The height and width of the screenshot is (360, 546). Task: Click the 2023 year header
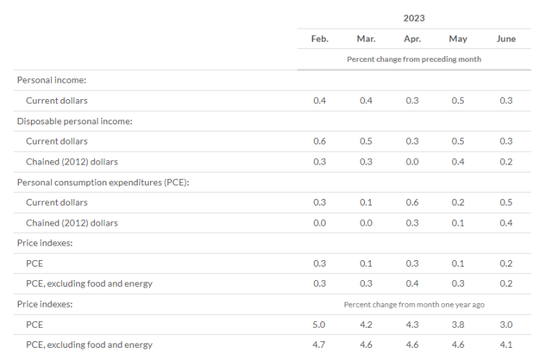[414, 18]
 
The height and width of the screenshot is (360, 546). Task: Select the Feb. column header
[320, 39]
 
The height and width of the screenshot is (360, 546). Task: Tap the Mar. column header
[366, 39]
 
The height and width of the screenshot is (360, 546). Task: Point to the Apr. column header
[412, 39]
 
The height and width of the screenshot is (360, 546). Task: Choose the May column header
[458, 39]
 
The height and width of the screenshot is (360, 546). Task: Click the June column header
[506, 39]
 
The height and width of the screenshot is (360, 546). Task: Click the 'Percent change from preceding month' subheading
[414, 59]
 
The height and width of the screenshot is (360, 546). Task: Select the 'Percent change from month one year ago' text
[414, 305]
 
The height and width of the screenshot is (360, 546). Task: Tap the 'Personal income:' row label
[52, 80]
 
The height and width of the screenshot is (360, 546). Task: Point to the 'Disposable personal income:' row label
[75, 121]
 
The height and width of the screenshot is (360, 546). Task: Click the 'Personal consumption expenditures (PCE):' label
[103, 183]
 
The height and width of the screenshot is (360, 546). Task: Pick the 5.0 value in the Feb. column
[319, 325]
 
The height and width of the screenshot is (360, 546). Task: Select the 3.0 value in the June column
[506, 325]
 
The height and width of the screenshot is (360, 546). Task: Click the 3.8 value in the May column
[458, 325]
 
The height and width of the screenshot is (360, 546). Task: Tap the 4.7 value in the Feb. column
[319, 345]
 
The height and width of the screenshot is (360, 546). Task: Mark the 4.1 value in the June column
[506, 345]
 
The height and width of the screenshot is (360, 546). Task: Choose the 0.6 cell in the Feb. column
[320, 142]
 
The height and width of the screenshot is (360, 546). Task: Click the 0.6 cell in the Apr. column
[412, 203]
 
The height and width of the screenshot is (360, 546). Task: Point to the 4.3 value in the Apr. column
[412, 325]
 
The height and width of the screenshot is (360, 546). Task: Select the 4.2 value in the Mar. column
[366, 325]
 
